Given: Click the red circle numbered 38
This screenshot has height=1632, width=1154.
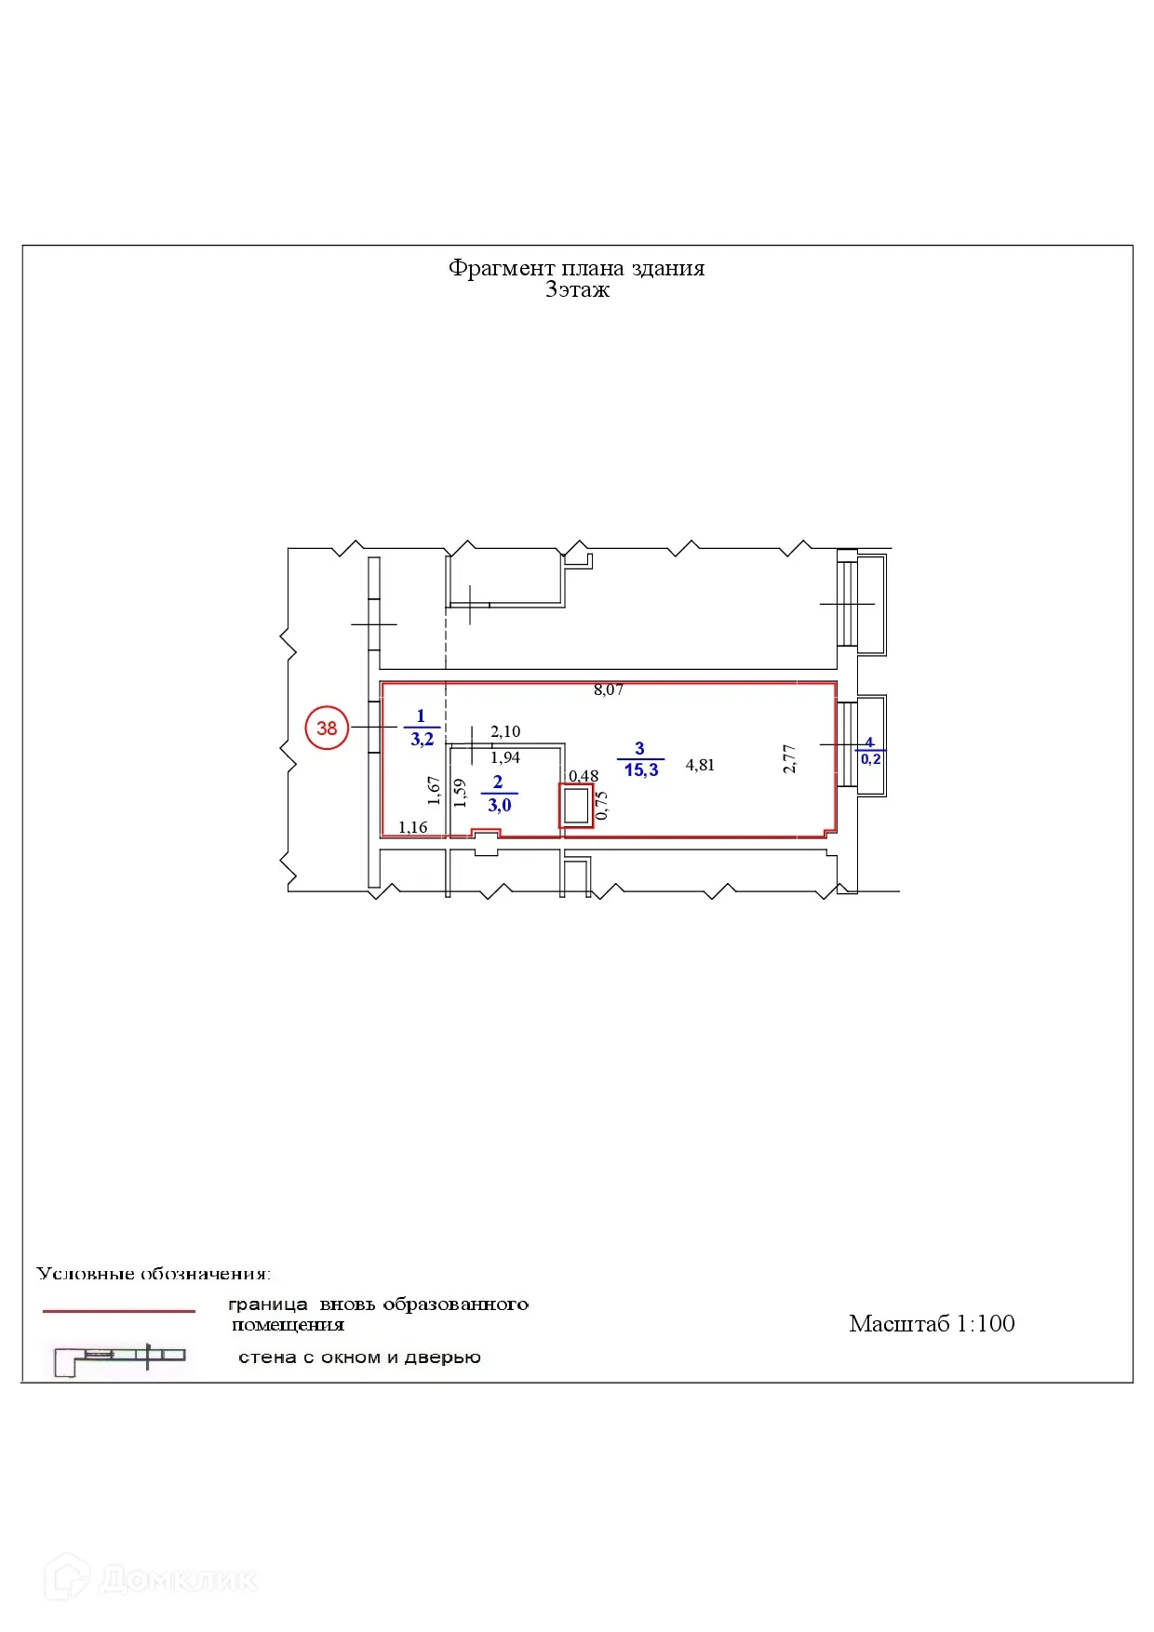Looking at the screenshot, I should pos(327,728).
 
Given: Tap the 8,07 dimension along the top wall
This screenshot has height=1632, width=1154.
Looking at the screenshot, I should pos(609,690).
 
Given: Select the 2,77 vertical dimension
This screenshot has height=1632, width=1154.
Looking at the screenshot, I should pos(789,758).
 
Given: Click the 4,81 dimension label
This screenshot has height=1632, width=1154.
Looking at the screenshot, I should pos(700,765).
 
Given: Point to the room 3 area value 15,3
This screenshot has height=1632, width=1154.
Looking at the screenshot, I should pos(641,770).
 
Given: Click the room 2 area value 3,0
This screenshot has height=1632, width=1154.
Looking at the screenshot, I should pos(500,806).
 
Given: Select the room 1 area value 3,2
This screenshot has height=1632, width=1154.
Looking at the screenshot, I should pos(422,740).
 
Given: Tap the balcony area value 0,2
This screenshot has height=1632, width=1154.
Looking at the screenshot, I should pos(870,759).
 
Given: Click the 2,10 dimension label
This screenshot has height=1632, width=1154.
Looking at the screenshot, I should pos(505,732).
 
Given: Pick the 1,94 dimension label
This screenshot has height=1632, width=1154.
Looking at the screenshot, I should pos(505,757).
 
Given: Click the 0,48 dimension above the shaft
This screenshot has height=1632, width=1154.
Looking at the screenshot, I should pos(584,776).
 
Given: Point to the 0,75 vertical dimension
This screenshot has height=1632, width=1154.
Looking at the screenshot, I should pos(601,805).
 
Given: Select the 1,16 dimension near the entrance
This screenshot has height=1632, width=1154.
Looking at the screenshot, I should pos(412,827).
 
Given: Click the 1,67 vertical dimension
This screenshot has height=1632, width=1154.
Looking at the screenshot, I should pos(434,790).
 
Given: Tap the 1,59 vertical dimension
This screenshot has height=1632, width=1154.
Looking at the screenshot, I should pos(459,792).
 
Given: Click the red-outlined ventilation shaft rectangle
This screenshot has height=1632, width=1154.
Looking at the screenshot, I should pos(576,806).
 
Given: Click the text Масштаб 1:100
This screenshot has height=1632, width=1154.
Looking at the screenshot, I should pos(932,1324).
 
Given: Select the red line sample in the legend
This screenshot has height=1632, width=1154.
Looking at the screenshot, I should pos(119,1311).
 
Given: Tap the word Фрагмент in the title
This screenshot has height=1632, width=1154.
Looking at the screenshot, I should pos(502,269).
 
